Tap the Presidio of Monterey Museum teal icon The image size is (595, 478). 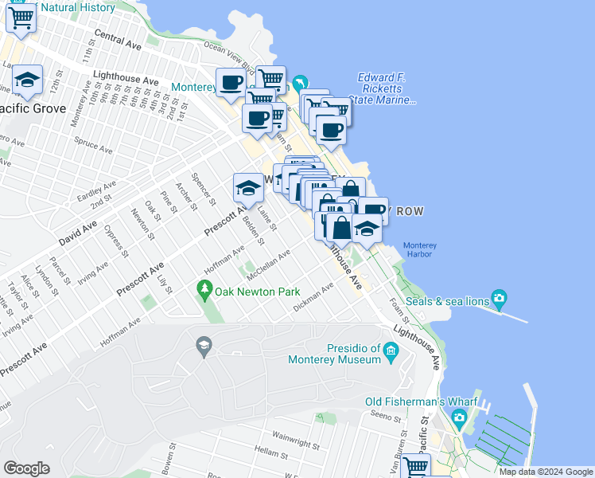(x=391, y=351)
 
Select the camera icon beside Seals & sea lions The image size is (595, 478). (x=499, y=299)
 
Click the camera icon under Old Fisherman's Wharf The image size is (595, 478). (x=459, y=417)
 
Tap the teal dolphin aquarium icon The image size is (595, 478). (x=299, y=82)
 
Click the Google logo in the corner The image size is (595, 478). (x=26, y=468)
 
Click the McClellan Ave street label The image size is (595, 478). (x=268, y=264)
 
